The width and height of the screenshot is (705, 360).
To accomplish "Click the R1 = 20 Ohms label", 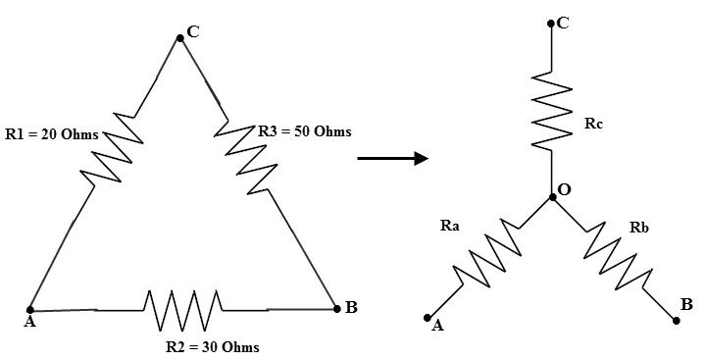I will click(51, 134).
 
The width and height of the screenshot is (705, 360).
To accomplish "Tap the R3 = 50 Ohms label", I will click(304, 130).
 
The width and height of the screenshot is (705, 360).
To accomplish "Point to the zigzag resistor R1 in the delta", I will click(116, 148).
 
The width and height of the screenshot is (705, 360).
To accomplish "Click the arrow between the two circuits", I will click(392, 156).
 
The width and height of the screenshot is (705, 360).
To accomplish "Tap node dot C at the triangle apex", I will click(179, 38).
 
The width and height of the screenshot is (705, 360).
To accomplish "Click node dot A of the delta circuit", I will click(30, 309).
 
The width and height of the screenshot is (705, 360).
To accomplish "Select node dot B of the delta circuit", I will click(335, 307).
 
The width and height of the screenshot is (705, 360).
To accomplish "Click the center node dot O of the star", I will click(553, 196).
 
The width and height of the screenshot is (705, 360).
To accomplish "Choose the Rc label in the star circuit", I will click(591, 124).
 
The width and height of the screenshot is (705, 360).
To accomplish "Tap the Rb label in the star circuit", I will click(638, 228).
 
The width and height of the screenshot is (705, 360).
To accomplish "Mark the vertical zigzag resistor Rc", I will click(553, 111).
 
